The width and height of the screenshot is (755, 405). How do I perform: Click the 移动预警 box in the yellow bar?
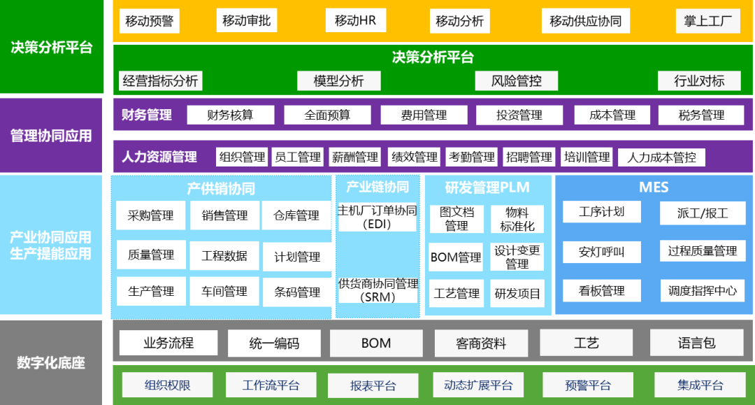click(x=149, y=21)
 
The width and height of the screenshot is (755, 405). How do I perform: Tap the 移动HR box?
click(x=355, y=20)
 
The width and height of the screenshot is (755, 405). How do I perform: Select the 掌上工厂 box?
click(x=707, y=21)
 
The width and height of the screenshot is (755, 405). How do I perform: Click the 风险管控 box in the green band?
click(x=517, y=80)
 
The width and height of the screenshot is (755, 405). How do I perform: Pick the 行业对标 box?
click(x=699, y=80)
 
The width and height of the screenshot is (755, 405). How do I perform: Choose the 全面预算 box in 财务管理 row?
click(x=327, y=115)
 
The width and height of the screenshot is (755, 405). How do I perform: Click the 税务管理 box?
click(x=701, y=115)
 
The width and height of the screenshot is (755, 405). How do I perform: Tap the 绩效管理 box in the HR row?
click(x=414, y=157)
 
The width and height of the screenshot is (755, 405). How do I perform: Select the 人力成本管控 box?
click(x=661, y=157)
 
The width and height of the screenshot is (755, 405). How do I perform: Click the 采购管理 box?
click(x=150, y=215)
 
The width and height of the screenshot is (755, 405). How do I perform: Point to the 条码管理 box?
click(x=297, y=292)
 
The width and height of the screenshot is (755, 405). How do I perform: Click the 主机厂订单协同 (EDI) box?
click(x=377, y=217)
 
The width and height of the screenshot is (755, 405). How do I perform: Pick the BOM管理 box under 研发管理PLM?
click(x=456, y=257)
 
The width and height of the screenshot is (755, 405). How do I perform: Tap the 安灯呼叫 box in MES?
click(x=601, y=252)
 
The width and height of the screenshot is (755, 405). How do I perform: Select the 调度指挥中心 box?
click(x=702, y=291)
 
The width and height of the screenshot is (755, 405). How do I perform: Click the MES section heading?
click(x=654, y=187)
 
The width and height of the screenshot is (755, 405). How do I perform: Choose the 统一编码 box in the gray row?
click(x=273, y=343)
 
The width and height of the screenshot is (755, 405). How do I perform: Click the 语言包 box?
click(x=696, y=343)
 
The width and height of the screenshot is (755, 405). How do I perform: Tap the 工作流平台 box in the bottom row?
click(x=271, y=385)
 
